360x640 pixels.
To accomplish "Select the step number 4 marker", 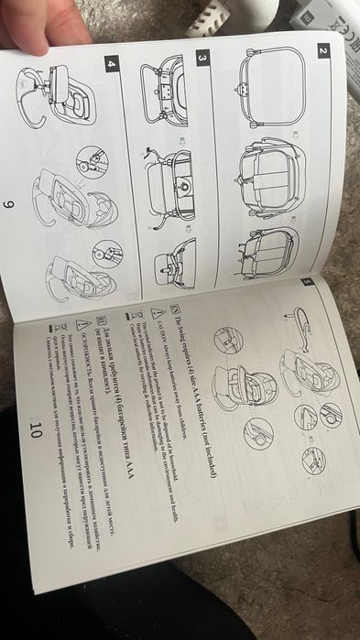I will [x=111, y=64].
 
